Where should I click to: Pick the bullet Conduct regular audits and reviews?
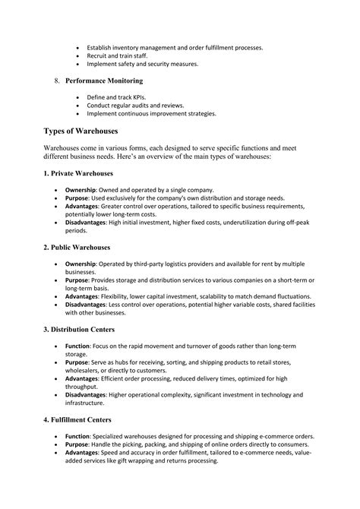(x=141, y=106)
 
